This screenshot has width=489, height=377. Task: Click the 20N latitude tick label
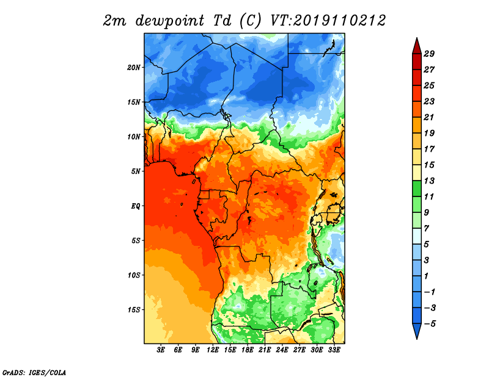tap(134, 68)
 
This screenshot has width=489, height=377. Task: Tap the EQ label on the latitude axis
tap(136, 206)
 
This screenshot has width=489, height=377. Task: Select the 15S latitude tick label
tap(134, 310)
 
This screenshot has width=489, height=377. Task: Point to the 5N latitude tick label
tap(136, 171)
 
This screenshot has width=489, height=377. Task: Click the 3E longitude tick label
tap(161, 350)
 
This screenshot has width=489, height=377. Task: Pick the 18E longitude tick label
tap(248, 350)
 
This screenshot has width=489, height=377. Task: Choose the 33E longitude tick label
tap(334, 350)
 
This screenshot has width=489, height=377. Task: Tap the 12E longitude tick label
tap(213, 350)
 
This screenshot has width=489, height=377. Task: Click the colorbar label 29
tap(429, 54)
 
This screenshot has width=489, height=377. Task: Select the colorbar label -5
tap(430, 324)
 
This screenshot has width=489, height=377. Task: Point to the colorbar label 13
tap(429, 181)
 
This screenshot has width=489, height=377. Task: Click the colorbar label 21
tap(429, 117)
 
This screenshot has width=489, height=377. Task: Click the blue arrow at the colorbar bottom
tap(417, 330)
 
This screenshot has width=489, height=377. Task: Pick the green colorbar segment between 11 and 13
tap(417, 188)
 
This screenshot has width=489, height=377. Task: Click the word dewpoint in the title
tap(170, 21)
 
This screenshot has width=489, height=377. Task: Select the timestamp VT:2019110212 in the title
tap(328, 21)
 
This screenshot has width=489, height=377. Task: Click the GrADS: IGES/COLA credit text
tap(34, 373)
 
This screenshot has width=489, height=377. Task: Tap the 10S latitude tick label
tap(134, 275)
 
